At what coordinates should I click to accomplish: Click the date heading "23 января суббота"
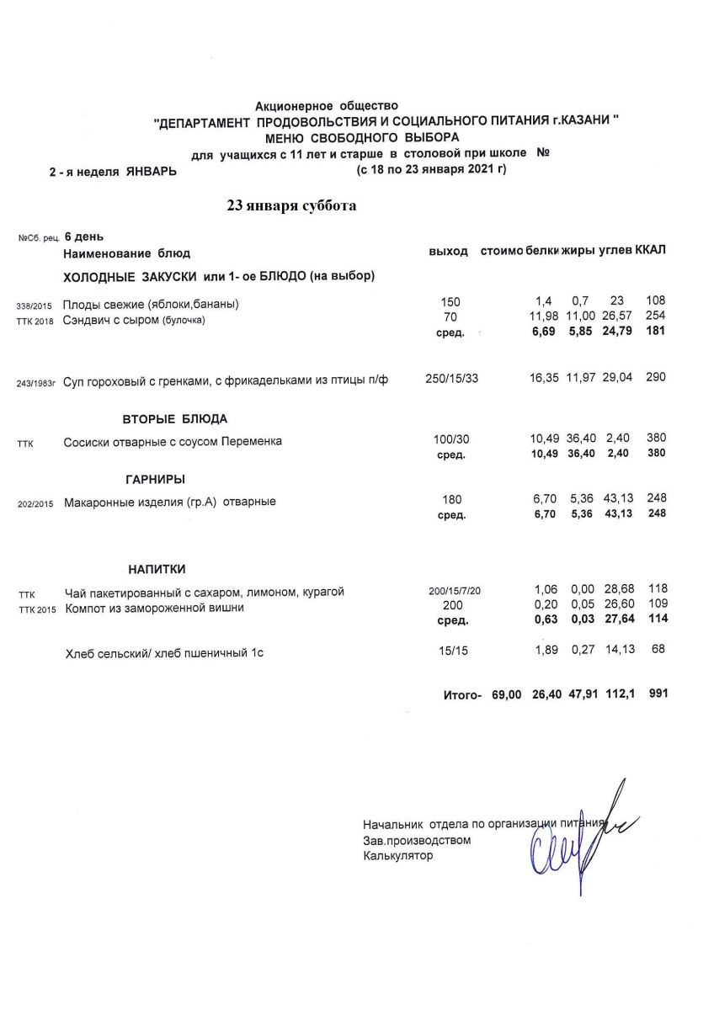click(x=291, y=206)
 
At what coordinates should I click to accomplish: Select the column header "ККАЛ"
click(x=650, y=252)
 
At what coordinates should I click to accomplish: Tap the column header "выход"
click(x=448, y=252)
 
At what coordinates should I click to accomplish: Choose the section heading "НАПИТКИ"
click(x=157, y=569)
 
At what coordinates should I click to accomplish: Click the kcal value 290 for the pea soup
click(x=655, y=378)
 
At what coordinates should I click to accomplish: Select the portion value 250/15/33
click(x=452, y=379)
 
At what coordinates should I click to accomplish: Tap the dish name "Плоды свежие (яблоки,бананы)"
click(x=152, y=304)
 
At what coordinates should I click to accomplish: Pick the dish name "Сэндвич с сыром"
click(x=112, y=319)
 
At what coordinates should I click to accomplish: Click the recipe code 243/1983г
click(x=36, y=384)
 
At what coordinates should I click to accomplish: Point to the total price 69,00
click(x=508, y=694)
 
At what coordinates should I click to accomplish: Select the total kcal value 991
click(x=658, y=694)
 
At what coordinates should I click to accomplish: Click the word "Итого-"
click(x=462, y=695)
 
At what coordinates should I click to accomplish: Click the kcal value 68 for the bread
click(x=658, y=648)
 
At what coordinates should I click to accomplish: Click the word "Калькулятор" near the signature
click(x=397, y=856)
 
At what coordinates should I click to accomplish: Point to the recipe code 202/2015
click(x=35, y=504)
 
